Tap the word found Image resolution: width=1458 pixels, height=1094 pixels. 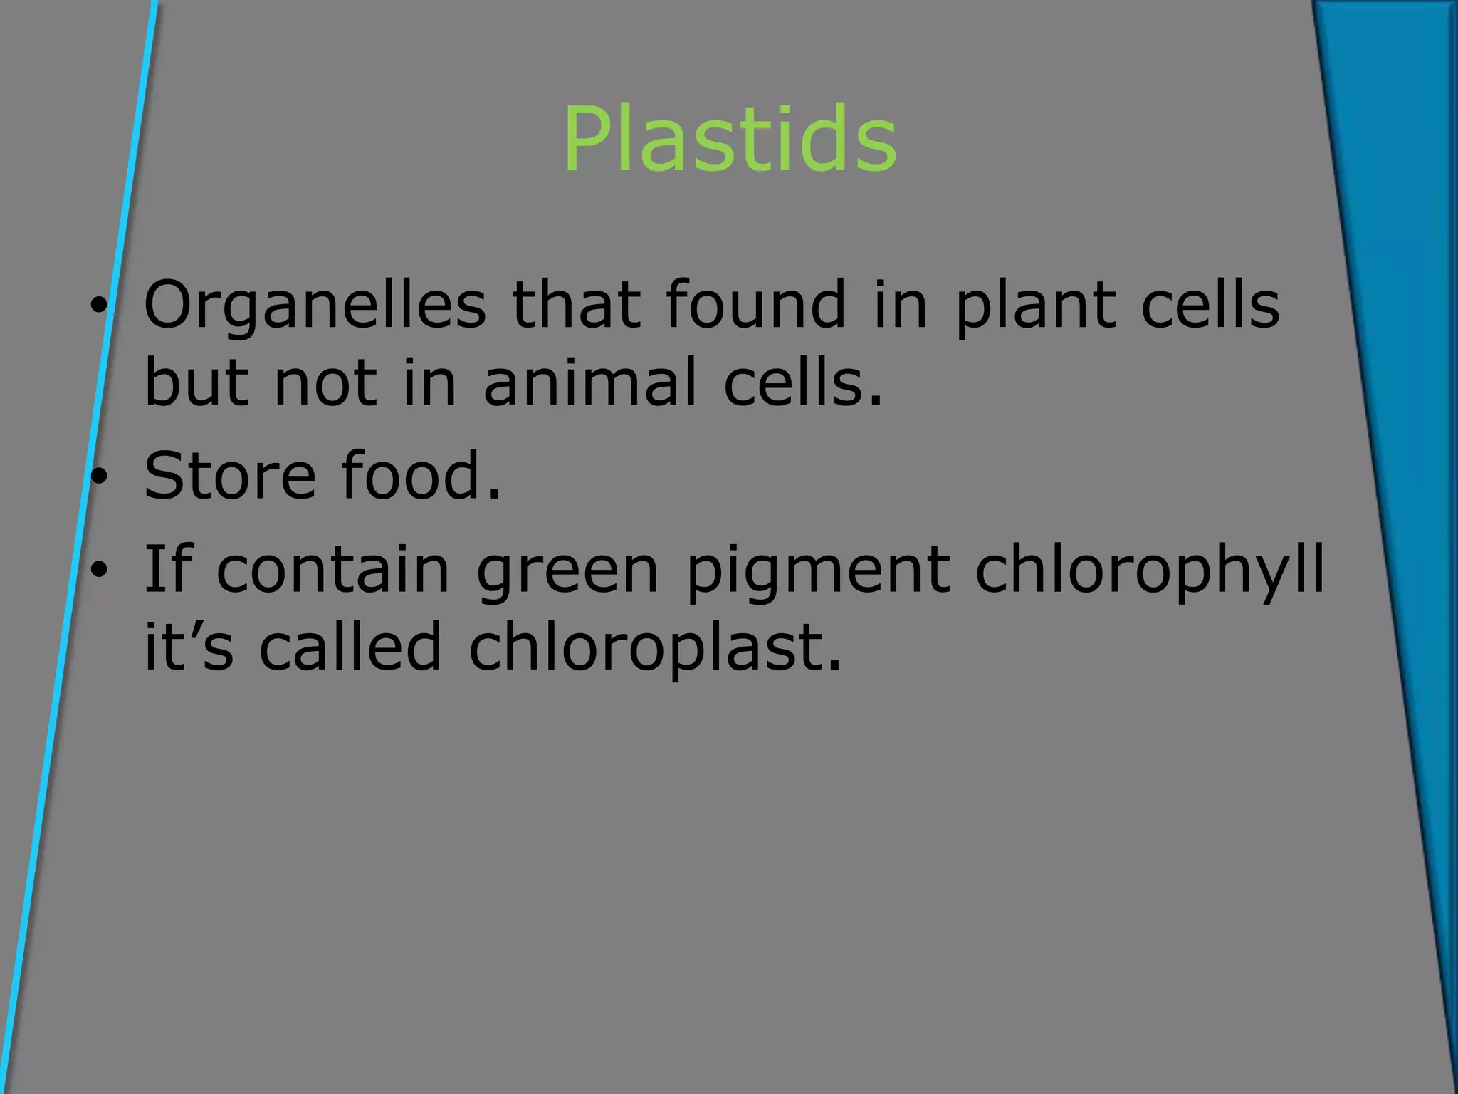(755, 305)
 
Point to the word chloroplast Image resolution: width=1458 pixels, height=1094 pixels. (655, 648)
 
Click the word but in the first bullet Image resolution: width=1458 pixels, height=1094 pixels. (196, 383)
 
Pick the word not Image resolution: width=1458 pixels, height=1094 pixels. (325, 383)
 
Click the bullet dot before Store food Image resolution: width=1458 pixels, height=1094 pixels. (99, 475)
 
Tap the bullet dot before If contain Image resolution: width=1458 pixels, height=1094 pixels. (99, 570)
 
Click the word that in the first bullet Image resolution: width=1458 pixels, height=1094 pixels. (576, 305)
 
